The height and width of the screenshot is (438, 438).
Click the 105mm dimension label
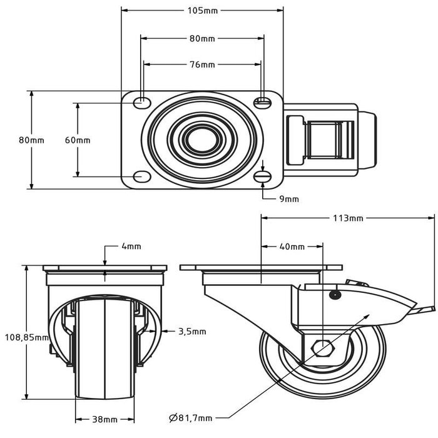(201, 10)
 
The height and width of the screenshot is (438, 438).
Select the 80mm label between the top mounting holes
(201, 38)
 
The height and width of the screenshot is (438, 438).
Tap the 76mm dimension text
(201, 64)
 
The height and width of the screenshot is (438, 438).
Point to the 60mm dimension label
(78, 140)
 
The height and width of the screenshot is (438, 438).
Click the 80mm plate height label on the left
(31, 140)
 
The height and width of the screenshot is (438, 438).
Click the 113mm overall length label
(347, 218)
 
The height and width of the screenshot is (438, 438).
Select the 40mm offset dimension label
(292, 247)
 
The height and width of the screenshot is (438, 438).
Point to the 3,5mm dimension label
(191, 332)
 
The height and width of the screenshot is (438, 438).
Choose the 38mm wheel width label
(105, 419)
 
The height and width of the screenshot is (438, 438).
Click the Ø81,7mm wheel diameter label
(190, 418)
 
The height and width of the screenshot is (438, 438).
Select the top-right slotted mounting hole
(263, 101)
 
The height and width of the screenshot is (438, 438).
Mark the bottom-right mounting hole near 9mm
(263, 178)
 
